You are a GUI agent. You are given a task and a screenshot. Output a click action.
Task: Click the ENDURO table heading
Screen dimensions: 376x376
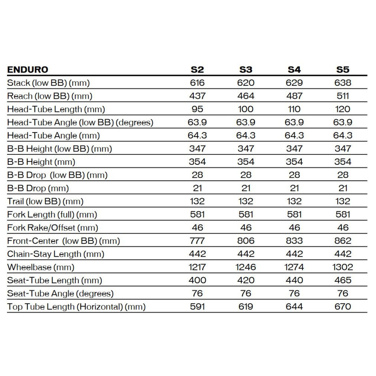[28, 70]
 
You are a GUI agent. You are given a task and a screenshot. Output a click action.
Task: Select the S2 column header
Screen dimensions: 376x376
[197, 70]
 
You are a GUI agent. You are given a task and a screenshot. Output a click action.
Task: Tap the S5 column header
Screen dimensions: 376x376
[343, 70]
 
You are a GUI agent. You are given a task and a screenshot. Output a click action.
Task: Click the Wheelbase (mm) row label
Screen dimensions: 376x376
[41, 267]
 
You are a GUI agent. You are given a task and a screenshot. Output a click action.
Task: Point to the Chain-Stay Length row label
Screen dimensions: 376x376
[56, 254]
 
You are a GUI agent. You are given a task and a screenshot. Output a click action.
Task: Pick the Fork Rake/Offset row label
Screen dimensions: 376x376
[53, 228]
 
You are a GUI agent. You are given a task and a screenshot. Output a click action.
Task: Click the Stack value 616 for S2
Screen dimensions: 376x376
[197, 83]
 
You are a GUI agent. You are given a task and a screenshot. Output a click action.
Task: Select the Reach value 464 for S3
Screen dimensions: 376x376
[246, 96]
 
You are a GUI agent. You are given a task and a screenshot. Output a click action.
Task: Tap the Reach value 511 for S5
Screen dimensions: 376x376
[343, 96]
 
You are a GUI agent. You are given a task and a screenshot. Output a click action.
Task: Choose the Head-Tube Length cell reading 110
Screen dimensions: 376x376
[294, 109]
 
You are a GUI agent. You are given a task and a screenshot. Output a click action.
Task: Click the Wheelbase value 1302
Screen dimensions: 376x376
[343, 267]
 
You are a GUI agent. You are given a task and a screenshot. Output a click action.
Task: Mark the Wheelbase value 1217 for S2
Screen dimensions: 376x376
[197, 267]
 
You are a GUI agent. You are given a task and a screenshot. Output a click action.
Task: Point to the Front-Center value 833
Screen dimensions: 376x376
[294, 241]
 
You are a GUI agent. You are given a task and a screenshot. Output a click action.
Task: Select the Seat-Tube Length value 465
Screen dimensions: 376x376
[343, 281]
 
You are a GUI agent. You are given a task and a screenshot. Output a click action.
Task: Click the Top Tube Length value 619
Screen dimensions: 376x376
[246, 307]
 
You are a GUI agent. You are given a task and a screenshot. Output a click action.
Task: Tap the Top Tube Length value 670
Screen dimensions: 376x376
[343, 307]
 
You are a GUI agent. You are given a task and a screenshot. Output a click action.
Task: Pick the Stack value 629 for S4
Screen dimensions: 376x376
[294, 83]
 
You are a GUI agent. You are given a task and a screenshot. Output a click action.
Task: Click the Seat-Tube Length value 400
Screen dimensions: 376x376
[197, 281]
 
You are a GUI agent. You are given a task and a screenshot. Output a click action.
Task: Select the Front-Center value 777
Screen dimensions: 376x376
[197, 241]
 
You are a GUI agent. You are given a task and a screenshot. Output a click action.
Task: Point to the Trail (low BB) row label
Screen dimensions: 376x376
[45, 202]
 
